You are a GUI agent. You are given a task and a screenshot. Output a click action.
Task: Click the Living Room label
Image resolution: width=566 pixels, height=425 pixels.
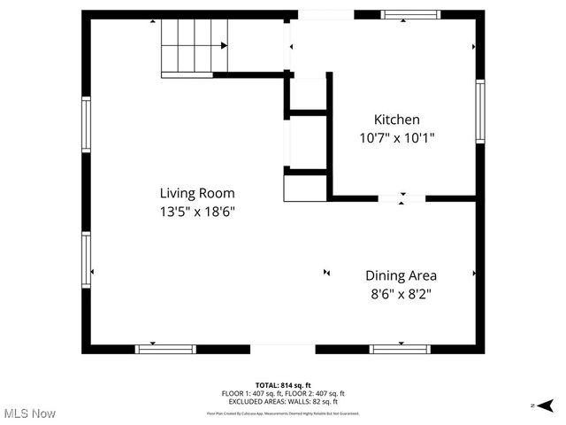196,192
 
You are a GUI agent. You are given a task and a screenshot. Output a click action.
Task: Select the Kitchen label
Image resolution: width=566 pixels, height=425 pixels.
396,120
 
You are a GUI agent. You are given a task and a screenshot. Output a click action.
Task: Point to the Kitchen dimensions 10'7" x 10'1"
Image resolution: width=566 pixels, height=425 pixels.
396,138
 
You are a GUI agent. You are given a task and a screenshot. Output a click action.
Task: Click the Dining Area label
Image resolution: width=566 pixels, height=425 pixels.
401,275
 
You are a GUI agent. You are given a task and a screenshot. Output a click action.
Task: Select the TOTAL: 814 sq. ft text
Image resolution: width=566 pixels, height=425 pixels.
283,385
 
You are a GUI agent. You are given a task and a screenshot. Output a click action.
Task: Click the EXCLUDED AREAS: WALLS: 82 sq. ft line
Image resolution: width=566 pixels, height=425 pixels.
283,400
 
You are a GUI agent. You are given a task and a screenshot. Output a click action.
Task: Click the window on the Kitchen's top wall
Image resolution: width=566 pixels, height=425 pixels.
410,14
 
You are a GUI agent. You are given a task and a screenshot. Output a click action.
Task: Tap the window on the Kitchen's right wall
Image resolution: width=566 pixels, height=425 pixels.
480,110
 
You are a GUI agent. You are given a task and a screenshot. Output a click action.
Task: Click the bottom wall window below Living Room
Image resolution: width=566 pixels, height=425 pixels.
165,349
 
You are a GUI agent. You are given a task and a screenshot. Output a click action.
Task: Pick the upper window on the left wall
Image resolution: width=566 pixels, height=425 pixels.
86,125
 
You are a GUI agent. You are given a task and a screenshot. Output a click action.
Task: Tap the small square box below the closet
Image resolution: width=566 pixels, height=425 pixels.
304,189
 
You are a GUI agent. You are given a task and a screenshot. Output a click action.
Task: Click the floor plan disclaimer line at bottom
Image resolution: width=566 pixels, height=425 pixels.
283,413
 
